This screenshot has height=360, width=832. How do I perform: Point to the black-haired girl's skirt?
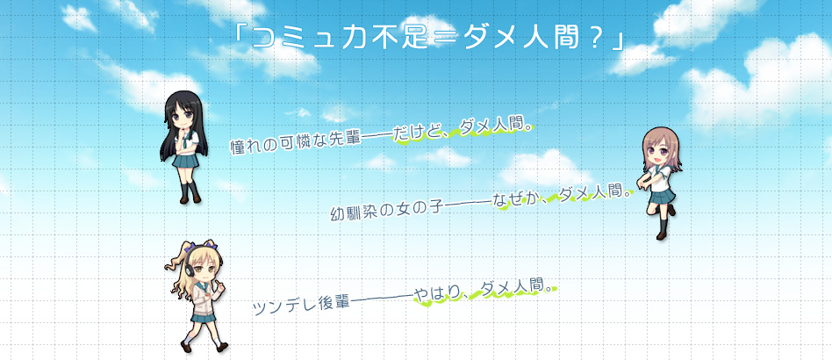click(186, 161)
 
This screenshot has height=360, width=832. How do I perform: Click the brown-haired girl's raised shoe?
click(671, 210)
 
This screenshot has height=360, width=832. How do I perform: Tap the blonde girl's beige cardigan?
click(204, 298)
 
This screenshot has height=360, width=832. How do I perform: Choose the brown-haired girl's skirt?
click(662, 196)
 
